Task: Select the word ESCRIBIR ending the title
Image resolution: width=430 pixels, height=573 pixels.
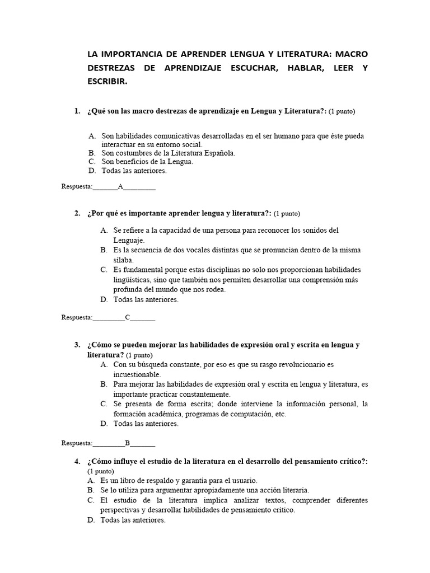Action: pos(107,82)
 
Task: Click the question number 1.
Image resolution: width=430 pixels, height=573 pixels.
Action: pos(77,111)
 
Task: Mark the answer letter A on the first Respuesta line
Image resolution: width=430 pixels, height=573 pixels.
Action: pos(120,187)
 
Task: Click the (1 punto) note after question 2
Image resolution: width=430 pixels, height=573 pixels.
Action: pos(287,214)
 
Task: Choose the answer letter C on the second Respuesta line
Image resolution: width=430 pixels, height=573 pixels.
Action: pos(128,318)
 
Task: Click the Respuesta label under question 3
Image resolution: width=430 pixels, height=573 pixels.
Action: pos(77,443)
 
